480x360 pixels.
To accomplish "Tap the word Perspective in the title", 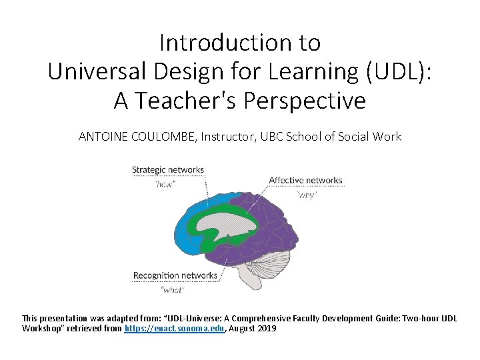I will tap(305, 100).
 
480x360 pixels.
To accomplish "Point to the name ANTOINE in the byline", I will tap(103, 137).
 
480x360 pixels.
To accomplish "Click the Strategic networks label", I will tap(167, 170).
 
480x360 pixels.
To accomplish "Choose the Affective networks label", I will tap(305, 180).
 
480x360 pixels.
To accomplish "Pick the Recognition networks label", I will tap(175, 275).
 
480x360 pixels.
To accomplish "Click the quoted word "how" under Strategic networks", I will tap(164, 184).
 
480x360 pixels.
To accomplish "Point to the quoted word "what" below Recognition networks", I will tap(173, 290).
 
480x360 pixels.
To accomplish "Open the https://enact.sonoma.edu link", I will tap(175, 329).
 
